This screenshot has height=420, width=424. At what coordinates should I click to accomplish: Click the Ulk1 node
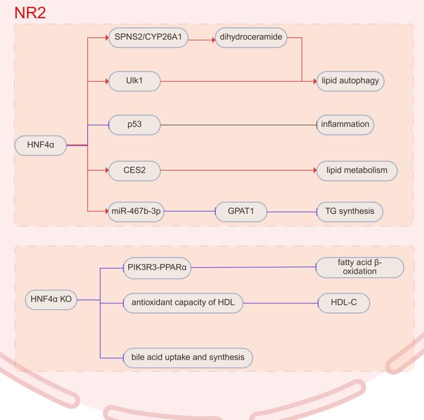coord(135,81)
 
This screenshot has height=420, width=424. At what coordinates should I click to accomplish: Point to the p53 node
coord(135,124)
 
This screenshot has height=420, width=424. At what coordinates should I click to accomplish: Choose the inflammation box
coord(345,124)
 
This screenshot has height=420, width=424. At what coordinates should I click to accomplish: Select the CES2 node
coord(135,170)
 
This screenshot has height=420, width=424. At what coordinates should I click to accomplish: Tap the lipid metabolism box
coord(357,170)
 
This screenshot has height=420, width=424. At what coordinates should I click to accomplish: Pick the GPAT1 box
coord(241,211)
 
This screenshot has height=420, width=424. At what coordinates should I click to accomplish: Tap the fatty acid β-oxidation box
coord(359,267)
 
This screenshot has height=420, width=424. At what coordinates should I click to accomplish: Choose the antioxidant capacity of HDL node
coord(183,304)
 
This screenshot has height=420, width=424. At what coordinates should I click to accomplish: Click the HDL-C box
coord(345,304)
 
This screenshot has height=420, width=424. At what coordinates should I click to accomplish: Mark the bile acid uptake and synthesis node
coord(188,357)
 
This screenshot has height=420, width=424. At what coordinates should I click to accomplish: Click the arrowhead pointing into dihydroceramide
coord(212,38)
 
